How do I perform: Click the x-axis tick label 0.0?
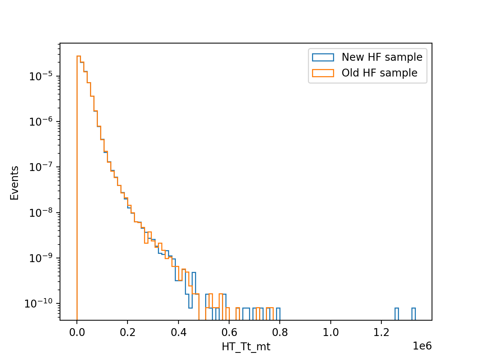(x=77, y=333)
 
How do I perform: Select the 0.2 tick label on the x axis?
(x=127, y=333)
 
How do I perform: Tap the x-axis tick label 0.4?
(x=178, y=333)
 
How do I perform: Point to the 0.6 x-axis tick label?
(x=229, y=333)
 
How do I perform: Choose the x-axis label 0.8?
(x=280, y=333)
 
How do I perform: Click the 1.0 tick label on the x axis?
(x=331, y=333)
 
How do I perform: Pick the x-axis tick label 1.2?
(x=381, y=333)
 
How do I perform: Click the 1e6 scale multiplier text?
(x=422, y=346)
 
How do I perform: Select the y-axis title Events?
(x=14, y=183)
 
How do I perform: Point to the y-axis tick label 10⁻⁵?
(x=41, y=76)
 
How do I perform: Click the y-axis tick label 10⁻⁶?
(x=41, y=121)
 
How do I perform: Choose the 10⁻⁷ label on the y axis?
(x=41, y=167)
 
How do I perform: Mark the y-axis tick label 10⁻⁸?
(x=41, y=213)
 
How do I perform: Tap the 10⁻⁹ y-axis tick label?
(x=41, y=258)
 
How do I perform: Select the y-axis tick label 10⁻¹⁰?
(x=39, y=303)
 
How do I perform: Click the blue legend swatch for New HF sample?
(x=323, y=57)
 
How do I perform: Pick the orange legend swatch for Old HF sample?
(x=323, y=73)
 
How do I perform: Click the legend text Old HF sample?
(x=379, y=73)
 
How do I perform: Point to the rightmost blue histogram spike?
(x=414, y=314)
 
